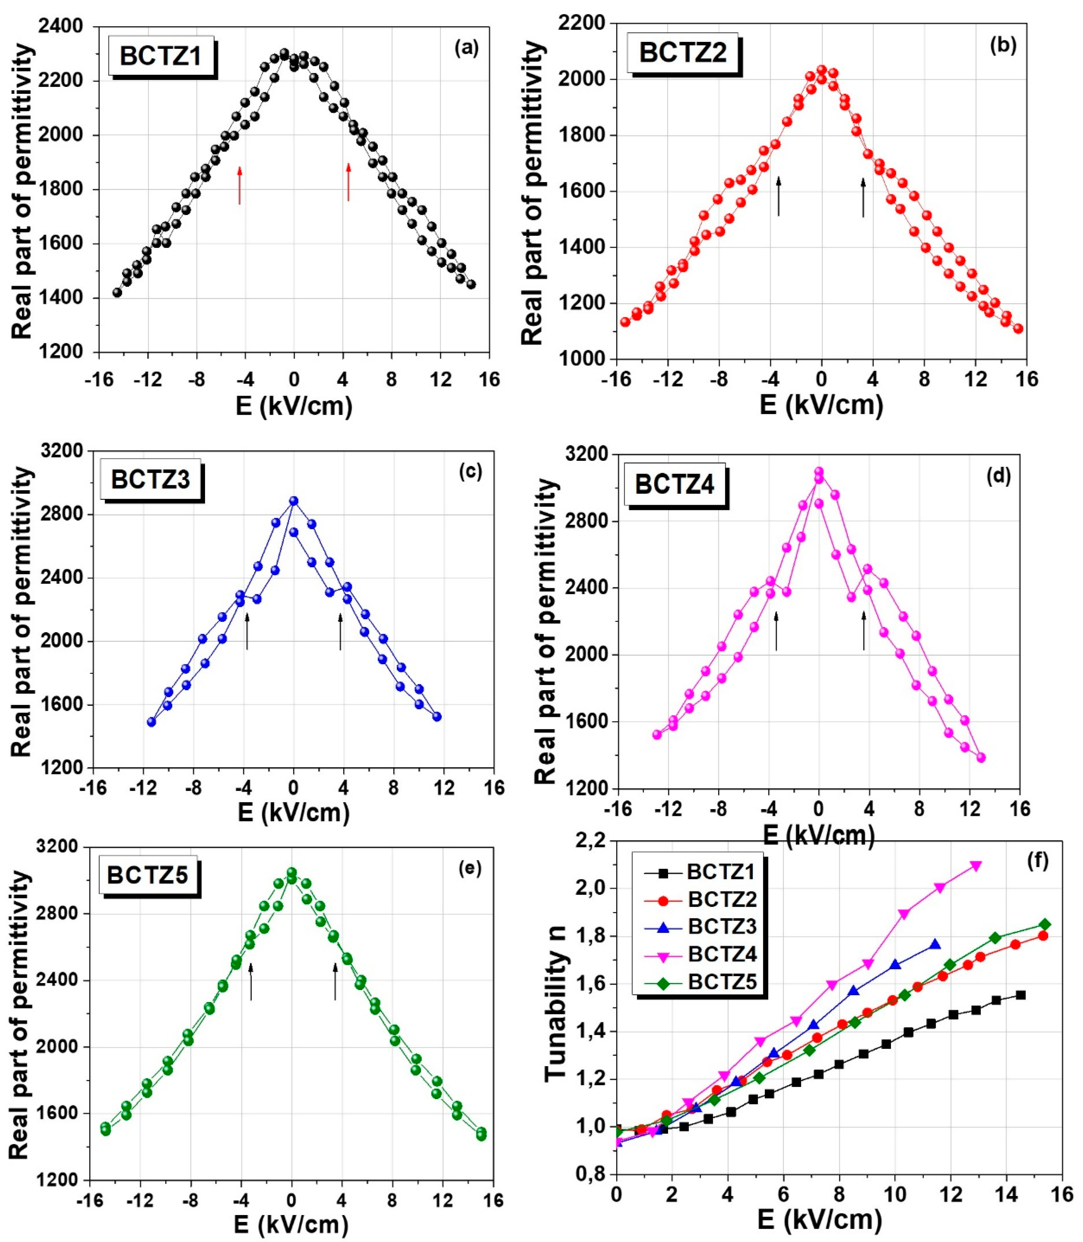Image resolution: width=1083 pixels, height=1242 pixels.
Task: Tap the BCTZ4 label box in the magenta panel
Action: point(674,485)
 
